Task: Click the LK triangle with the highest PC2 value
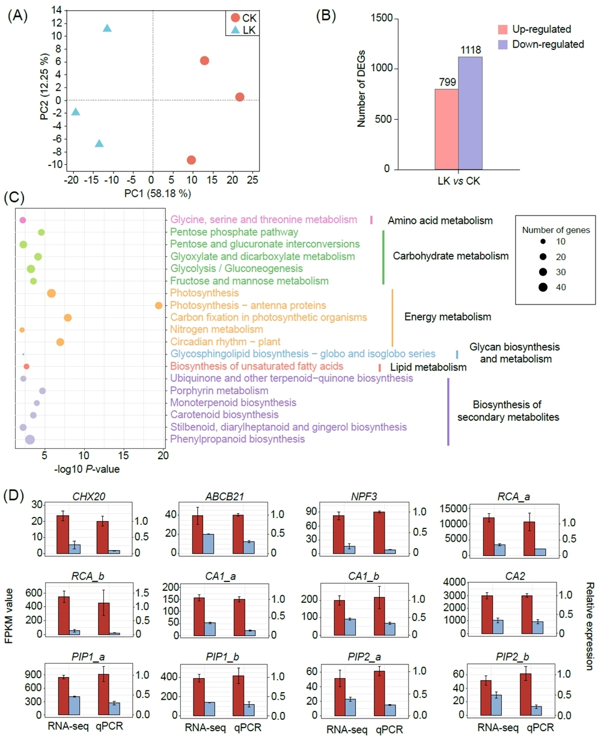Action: point(107,28)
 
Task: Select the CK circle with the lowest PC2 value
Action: point(191,160)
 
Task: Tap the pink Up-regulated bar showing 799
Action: point(446,129)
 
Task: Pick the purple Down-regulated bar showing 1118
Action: point(470,113)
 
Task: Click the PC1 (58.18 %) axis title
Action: point(153,194)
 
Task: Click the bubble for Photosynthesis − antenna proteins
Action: point(159,306)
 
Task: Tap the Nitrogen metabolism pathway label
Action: point(216,330)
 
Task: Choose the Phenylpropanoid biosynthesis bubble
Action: point(29,440)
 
